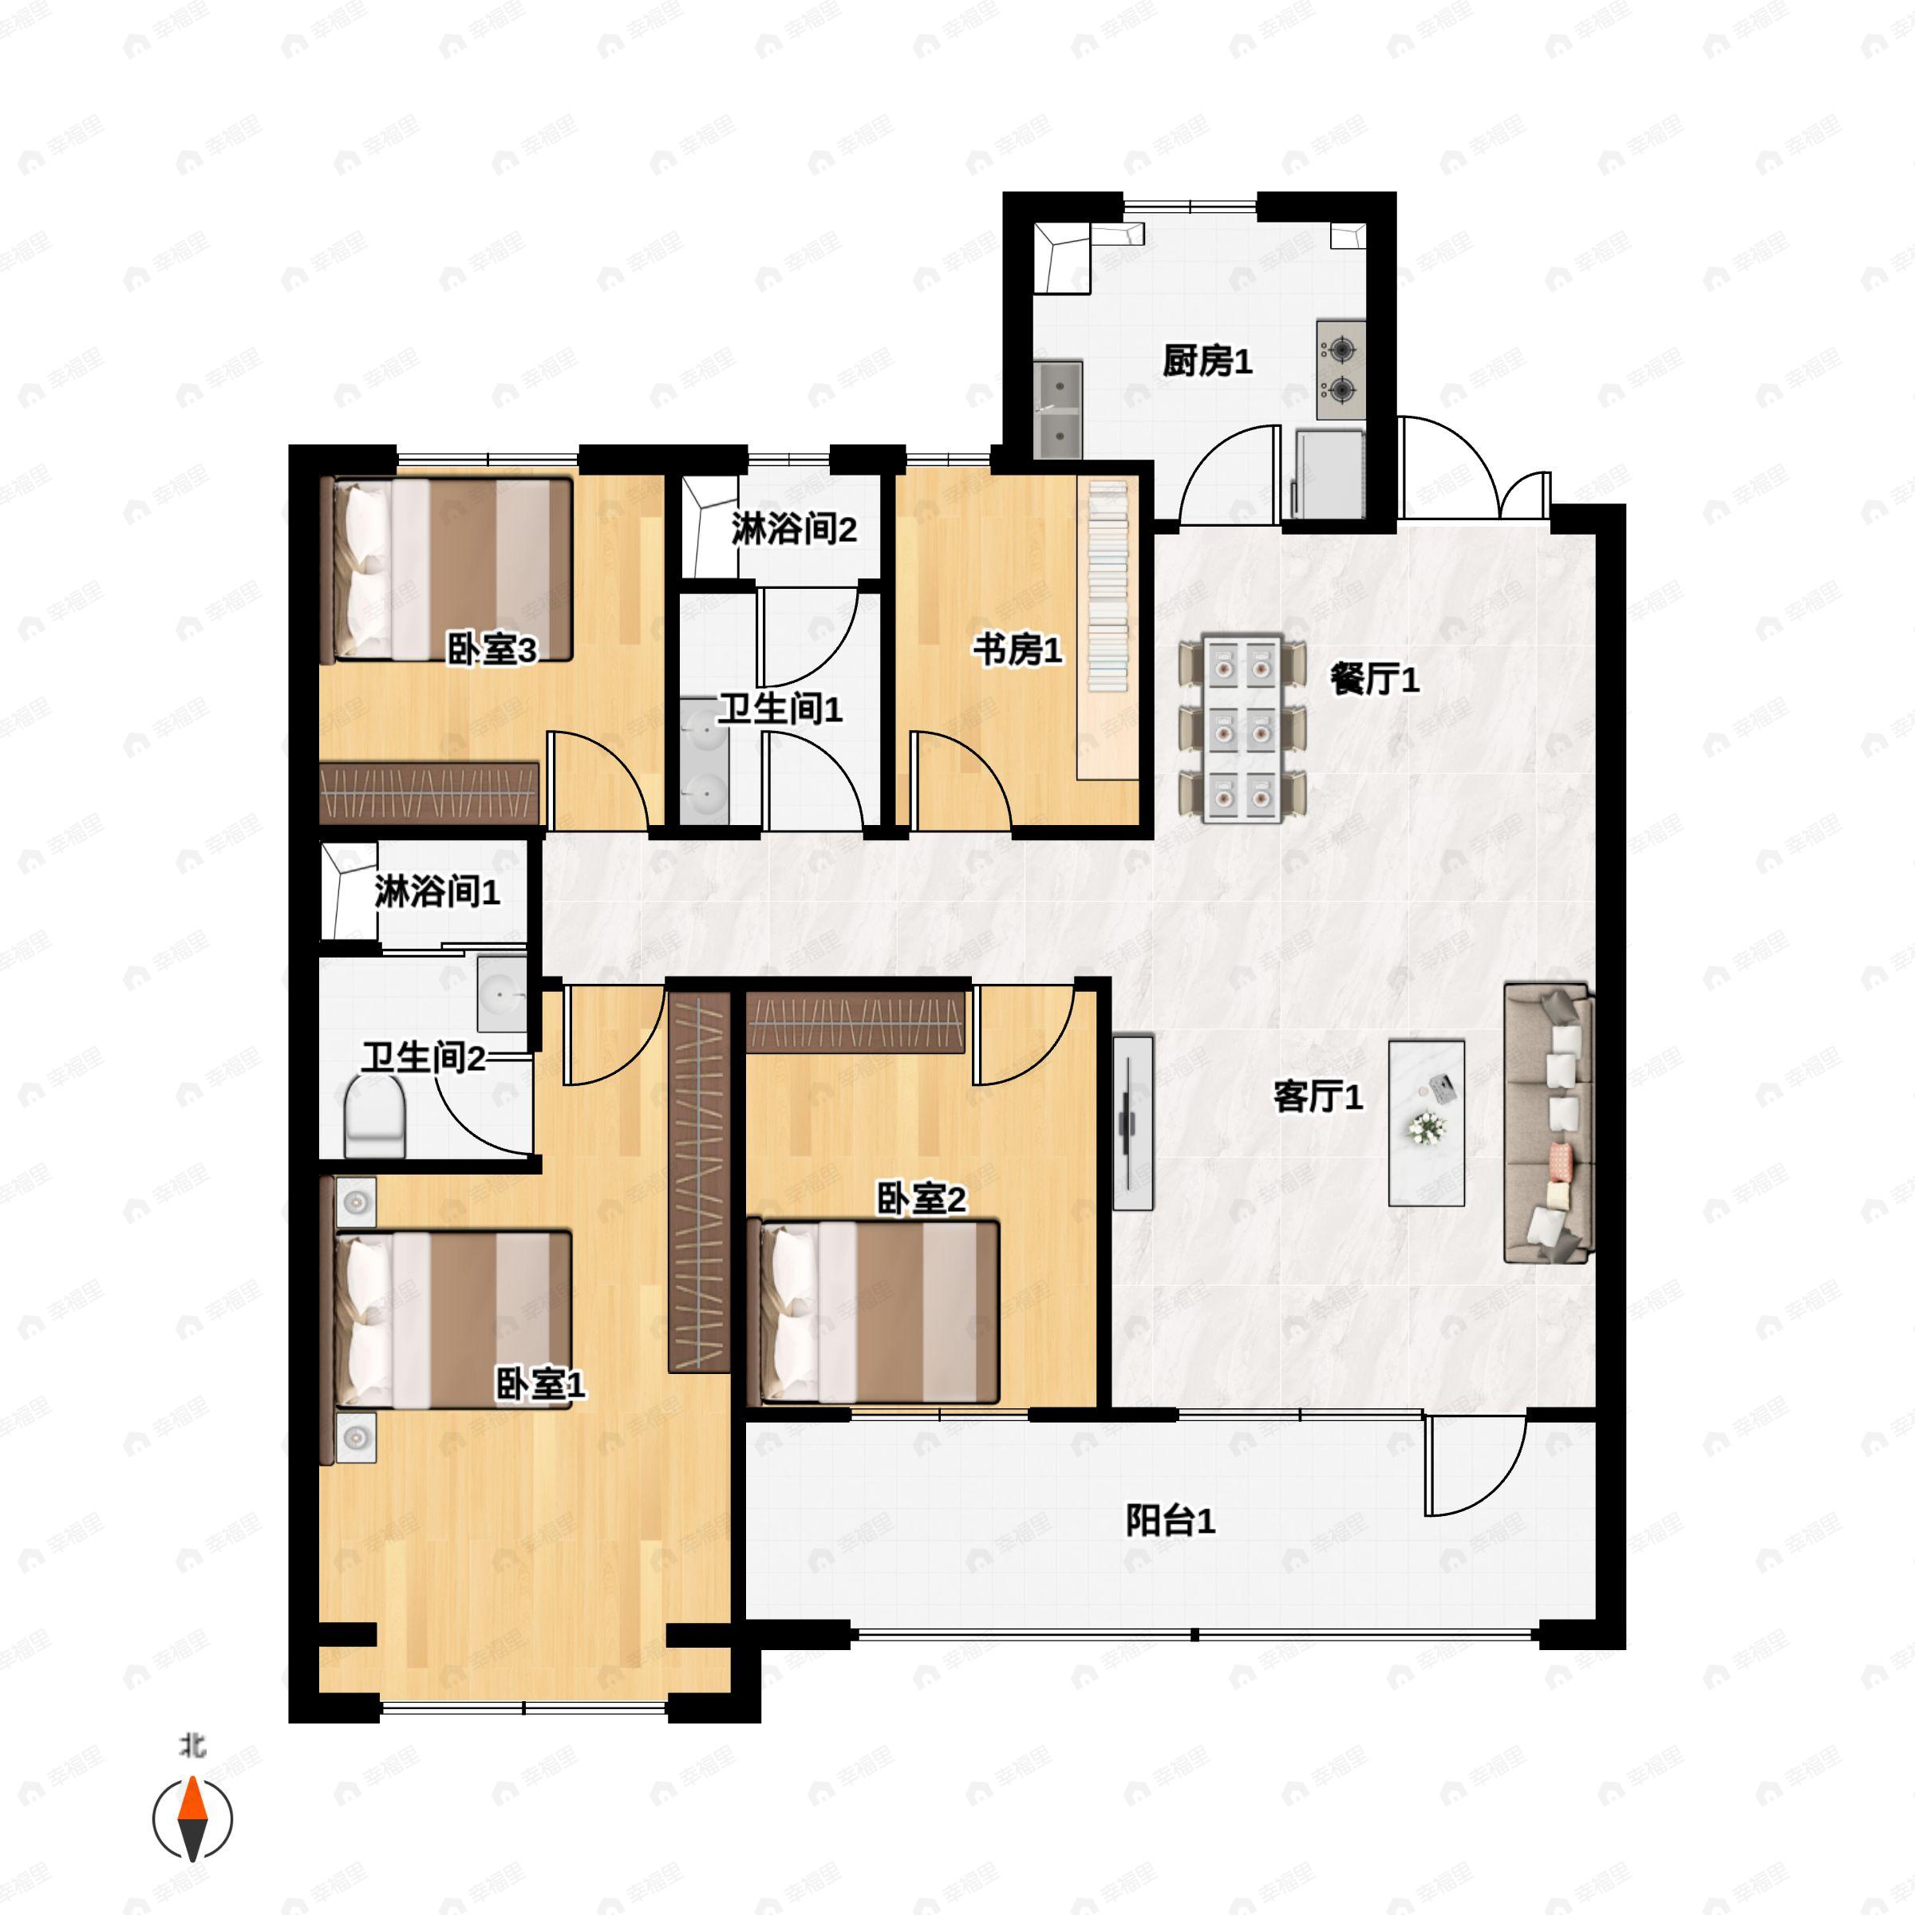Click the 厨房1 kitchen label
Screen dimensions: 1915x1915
point(1207,361)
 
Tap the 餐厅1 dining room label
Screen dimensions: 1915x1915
point(1375,679)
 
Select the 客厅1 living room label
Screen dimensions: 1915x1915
point(1318,1096)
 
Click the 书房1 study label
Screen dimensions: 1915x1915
point(1017,650)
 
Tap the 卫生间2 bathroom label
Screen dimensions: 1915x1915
point(423,1057)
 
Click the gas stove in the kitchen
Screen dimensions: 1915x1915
point(1341,369)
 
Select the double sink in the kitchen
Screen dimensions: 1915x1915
point(1057,409)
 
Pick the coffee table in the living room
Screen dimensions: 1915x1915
point(1427,1122)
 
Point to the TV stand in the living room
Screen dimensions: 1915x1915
point(1133,1122)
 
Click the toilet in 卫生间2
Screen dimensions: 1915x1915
point(376,1117)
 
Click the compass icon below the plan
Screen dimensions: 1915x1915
point(192,1819)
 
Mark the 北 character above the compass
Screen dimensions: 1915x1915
point(192,1746)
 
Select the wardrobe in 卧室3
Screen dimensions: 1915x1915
point(430,793)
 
